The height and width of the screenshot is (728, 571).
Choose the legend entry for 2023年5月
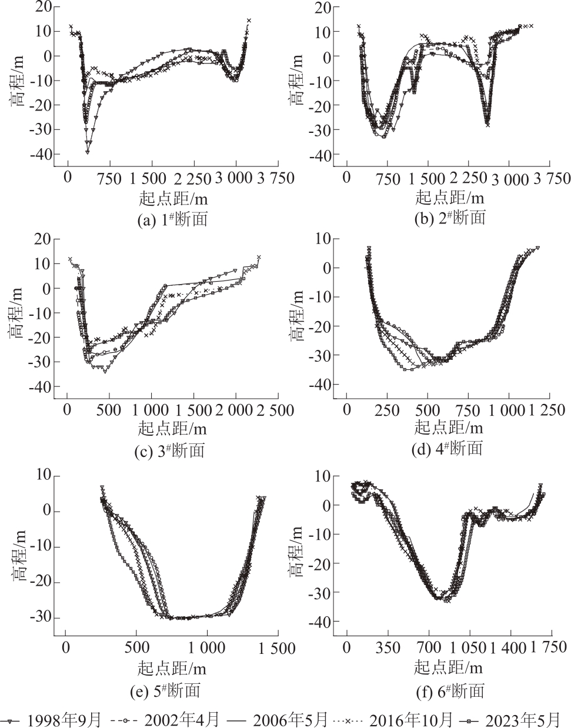517,719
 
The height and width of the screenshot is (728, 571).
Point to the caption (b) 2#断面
450,218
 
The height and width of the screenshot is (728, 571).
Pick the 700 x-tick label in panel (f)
429,648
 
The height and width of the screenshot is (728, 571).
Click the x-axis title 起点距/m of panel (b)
450,197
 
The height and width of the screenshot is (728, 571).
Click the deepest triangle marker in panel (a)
88,152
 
